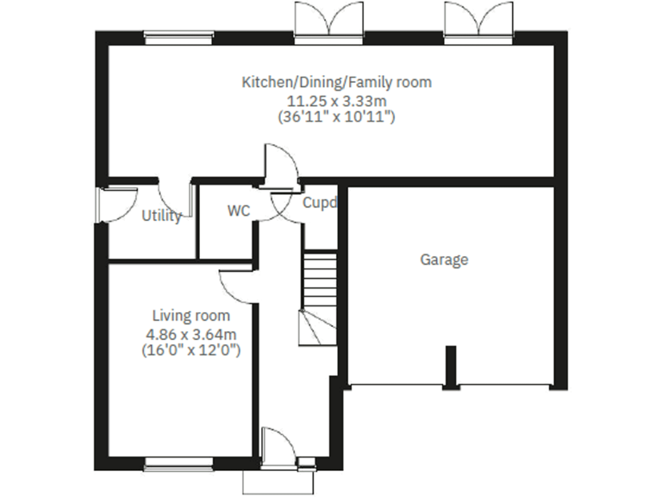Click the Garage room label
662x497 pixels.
(x=444, y=259)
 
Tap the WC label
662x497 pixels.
(x=238, y=211)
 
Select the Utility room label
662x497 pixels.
(x=161, y=216)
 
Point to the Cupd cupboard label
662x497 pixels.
(x=319, y=204)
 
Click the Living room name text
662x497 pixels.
(x=191, y=315)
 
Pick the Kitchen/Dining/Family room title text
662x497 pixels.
(x=336, y=83)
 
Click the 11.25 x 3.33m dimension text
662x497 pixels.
(x=336, y=100)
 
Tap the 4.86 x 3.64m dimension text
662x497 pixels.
(x=191, y=333)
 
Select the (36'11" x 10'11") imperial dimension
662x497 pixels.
(x=336, y=116)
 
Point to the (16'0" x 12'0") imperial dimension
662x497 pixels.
(x=191, y=350)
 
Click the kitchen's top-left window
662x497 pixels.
(x=166, y=36)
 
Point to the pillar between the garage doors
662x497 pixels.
(x=450, y=366)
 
